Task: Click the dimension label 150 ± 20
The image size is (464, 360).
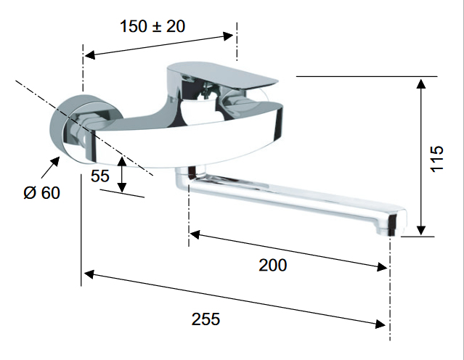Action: (152, 26)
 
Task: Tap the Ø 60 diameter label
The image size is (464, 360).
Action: (41, 193)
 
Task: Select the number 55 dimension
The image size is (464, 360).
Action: (100, 176)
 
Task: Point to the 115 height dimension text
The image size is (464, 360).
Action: (437, 158)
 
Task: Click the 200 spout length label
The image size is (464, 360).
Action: (273, 265)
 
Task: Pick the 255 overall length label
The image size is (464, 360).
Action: (205, 319)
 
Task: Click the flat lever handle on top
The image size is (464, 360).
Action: (222, 76)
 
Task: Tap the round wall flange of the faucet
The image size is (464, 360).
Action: (86, 128)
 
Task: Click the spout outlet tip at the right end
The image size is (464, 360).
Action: (391, 224)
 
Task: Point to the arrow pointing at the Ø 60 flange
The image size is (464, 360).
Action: (49, 168)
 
